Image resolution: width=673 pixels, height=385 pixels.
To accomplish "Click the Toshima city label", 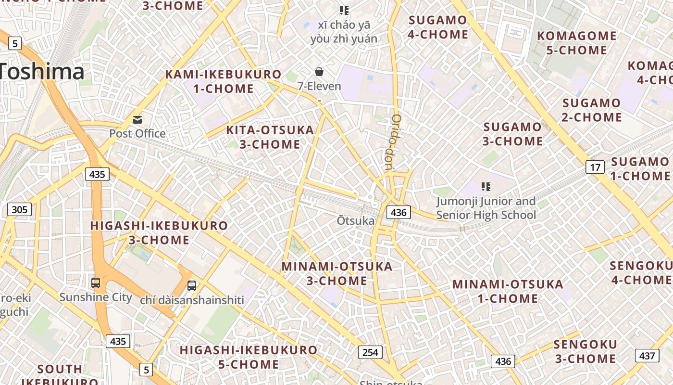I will coord(42,72).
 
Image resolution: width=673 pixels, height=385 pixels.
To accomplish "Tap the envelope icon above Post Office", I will coord(137,119).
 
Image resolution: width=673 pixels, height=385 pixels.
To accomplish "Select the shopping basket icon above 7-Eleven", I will coord(319,72).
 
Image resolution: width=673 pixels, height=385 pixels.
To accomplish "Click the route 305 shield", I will coord(19,209).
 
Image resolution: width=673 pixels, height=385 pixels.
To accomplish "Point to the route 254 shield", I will coord(370,352).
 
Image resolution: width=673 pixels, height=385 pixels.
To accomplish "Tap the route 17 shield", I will coord(595,167).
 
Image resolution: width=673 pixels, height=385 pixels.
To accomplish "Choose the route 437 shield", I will coord(647,356).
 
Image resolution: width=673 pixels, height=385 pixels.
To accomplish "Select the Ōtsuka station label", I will coord(356,221).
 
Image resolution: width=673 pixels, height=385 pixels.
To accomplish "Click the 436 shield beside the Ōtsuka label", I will coord(399,212).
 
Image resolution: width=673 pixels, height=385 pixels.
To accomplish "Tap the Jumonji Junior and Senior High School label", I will coord(486,208).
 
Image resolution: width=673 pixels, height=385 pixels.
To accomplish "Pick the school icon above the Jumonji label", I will coord(486,186).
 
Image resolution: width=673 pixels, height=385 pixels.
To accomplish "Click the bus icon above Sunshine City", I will coord(96,282).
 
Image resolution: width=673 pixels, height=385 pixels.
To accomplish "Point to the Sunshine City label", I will coord(96,297).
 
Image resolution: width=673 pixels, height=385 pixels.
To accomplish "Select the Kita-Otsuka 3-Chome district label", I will coord(270,137).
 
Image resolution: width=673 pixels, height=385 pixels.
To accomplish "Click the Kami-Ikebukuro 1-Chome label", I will coord(224,81).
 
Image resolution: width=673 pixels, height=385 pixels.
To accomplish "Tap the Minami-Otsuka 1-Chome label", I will coord(508,291).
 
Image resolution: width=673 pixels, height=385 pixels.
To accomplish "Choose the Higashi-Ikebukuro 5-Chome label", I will coord(249,357).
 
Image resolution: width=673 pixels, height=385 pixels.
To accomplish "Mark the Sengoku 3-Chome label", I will coord(585,351).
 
